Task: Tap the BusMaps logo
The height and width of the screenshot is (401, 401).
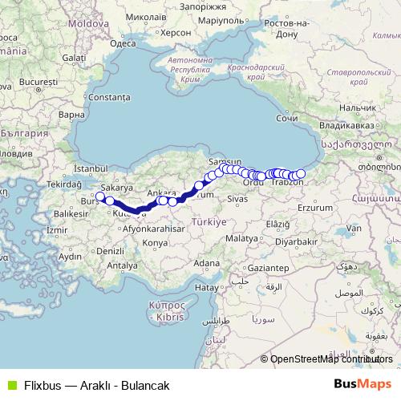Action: click(362, 385)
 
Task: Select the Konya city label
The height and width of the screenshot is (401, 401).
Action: click(154, 241)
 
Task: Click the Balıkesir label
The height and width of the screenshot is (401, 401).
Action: click(70, 214)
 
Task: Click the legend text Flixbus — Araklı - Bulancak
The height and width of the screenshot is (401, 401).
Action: click(96, 385)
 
